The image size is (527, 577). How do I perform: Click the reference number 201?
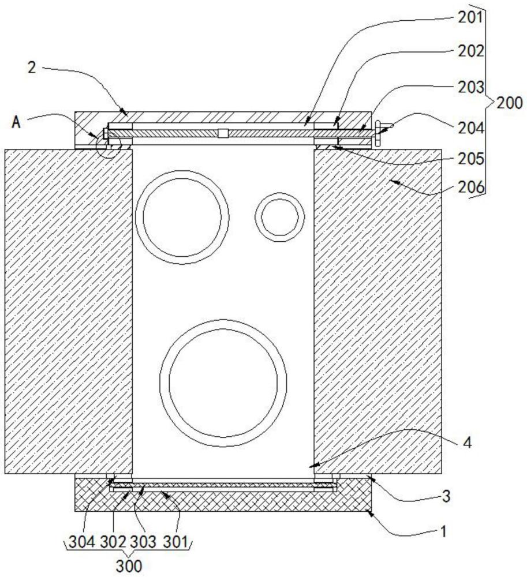[x=470, y=18]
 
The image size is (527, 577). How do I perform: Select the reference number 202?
[x=470, y=51]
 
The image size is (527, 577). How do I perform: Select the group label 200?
[x=510, y=103]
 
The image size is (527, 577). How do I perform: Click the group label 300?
[x=129, y=566]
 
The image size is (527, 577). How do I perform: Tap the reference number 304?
[x=82, y=542]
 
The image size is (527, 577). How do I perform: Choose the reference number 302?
[x=113, y=542]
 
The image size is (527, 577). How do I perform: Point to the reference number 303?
[x=144, y=542]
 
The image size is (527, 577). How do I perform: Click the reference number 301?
[x=175, y=542]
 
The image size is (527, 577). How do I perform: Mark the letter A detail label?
[x=16, y=122]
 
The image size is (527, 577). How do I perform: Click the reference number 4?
[x=467, y=443]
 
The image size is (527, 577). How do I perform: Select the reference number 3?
[x=446, y=496]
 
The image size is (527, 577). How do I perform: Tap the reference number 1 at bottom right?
[x=443, y=531]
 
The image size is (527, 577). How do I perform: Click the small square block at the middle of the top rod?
[x=223, y=133]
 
